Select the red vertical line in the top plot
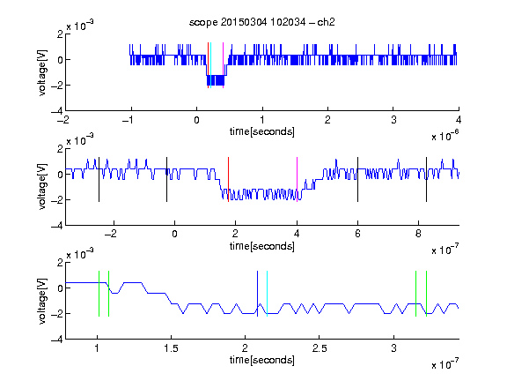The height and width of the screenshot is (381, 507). (x=209, y=65)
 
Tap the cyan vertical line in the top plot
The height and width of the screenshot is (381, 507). (x=211, y=65)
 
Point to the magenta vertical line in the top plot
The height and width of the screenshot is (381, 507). (x=223, y=65)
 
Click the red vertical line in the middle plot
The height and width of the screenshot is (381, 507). (x=228, y=180)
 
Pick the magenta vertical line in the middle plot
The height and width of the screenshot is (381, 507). (x=298, y=180)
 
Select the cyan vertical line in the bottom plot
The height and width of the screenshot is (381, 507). (x=267, y=294)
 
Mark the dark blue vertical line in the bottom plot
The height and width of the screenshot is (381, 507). (x=257, y=294)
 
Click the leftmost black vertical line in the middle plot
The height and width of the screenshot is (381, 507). (x=99, y=180)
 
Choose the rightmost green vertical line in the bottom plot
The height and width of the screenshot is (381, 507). (x=427, y=294)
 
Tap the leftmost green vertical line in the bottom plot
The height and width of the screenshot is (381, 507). (x=99, y=294)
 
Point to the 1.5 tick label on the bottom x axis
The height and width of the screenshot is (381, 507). (x=171, y=348)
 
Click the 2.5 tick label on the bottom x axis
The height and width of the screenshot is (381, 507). (x=320, y=348)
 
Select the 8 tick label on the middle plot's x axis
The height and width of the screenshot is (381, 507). (x=418, y=234)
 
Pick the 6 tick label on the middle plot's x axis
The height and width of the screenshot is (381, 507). (x=357, y=234)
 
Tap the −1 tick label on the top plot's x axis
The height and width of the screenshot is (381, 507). (x=129, y=120)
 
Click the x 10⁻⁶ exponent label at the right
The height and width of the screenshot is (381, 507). (x=445, y=136)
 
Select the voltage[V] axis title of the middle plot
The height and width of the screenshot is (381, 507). (x=42, y=187)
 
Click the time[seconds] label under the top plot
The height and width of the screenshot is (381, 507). (x=262, y=131)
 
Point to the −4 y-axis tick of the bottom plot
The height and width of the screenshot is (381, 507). (x=57, y=340)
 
